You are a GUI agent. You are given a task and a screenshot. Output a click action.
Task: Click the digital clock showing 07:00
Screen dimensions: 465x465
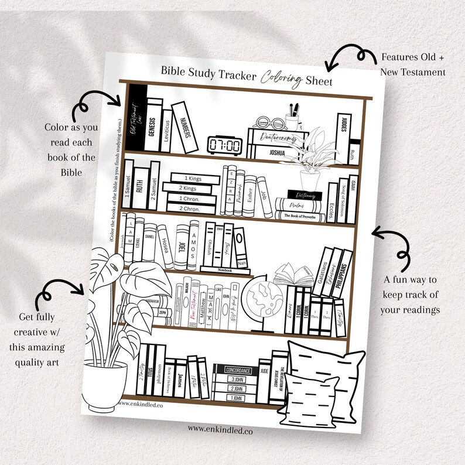225,144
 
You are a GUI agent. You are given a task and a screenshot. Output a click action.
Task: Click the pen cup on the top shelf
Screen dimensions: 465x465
293,120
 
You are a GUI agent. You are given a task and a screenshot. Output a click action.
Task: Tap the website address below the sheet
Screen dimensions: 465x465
216,428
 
